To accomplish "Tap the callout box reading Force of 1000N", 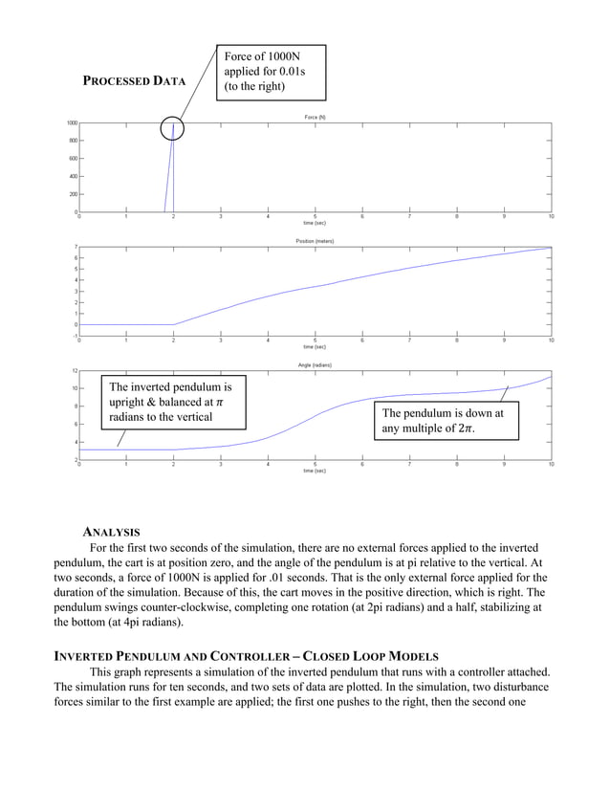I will pos(272,72).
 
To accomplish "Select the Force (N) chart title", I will pos(316,117).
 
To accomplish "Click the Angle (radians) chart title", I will pos(316,364).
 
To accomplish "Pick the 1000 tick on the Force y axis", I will pos(72,123).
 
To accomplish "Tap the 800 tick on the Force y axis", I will pos(73,141).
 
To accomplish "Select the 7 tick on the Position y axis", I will pos(76,248).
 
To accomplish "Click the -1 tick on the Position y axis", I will pos(75,336).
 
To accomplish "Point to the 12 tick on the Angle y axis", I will pos(74,371).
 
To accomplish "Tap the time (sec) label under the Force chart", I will pos(316,223).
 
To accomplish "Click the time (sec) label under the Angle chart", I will pos(316,471).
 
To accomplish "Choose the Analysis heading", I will pos(111,531).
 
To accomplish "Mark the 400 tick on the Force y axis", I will pos(73,176).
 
